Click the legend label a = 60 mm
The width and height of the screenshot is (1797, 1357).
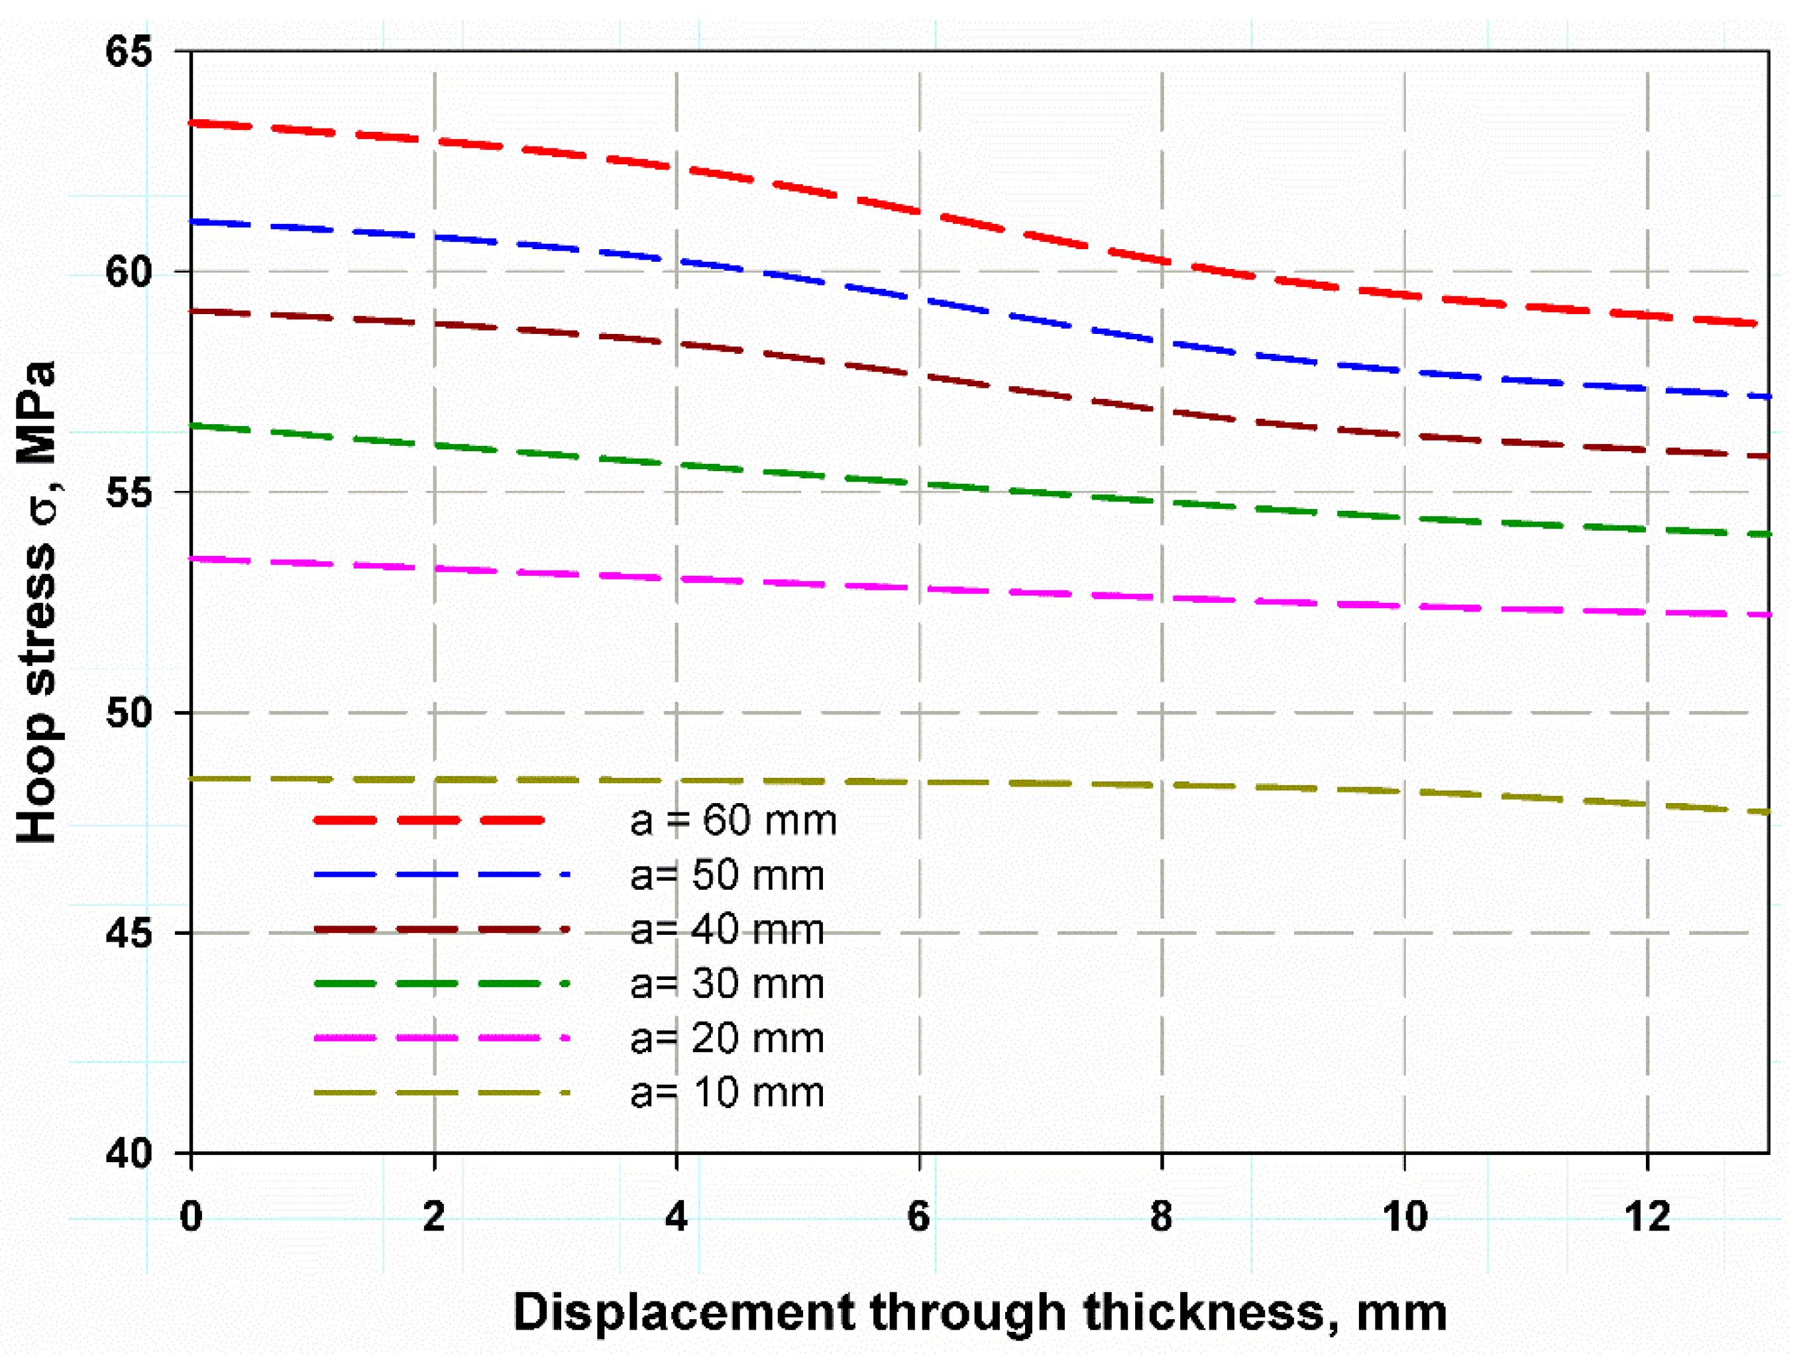click(x=733, y=821)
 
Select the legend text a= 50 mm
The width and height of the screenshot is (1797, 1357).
click(x=727, y=876)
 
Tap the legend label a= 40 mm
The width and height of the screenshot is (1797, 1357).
click(x=727, y=930)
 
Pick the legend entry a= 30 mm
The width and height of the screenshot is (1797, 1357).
click(x=727, y=984)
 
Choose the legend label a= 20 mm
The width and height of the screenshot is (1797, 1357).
click(x=727, y=1038)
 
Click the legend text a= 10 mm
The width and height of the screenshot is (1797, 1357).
click(x=727, y=1093)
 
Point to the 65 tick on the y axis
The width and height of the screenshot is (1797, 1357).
click(x=129, y=51)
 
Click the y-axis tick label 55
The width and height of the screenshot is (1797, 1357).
click(x=129, y=492)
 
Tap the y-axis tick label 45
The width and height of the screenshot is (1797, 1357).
click(x=129, y=934)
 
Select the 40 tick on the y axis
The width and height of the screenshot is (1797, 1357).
click(x=129, y=1154)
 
